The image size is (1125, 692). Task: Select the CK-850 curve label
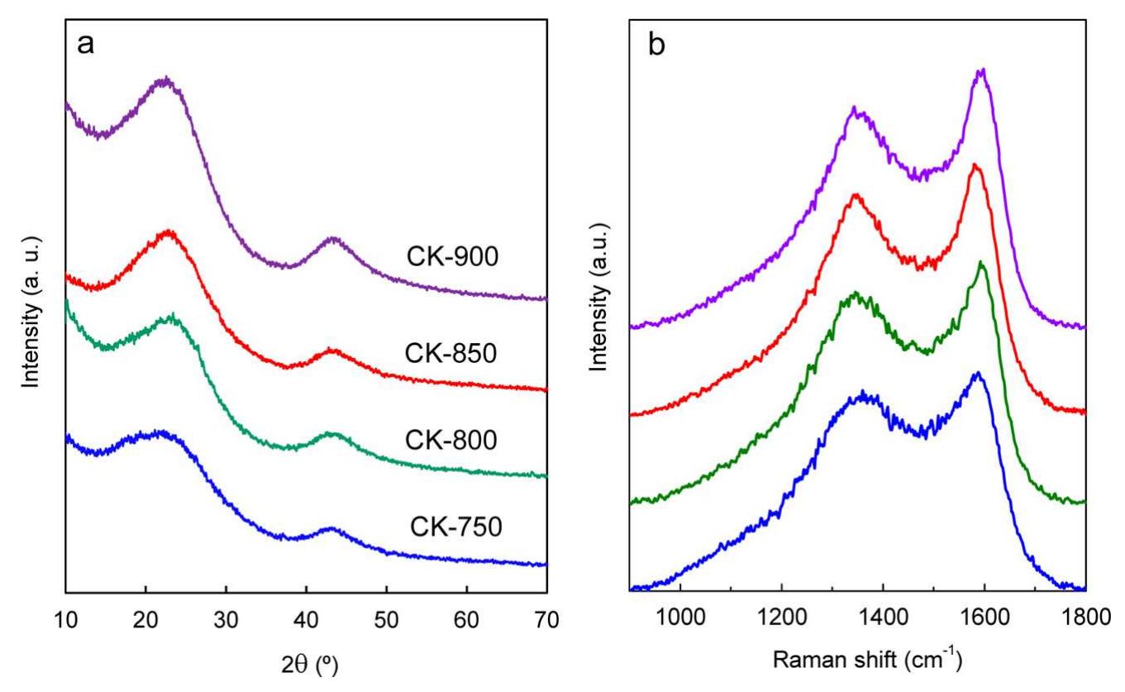pos(451,353)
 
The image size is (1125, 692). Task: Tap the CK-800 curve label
pos(451,440)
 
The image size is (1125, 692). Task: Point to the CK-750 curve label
pos(455,526)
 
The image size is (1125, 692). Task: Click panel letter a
pos(85,44)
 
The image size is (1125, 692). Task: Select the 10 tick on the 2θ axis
pos(65,618)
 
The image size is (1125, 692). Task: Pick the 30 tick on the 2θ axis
pos(226,618)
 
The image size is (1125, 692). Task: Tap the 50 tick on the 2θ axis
pos(386,618)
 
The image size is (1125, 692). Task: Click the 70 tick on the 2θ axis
pos(546,618)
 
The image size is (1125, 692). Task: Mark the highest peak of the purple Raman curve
pos(982,71)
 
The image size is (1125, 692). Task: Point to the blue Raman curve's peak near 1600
pos(979,374)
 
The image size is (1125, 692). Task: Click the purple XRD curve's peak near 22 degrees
pos(165,79)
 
